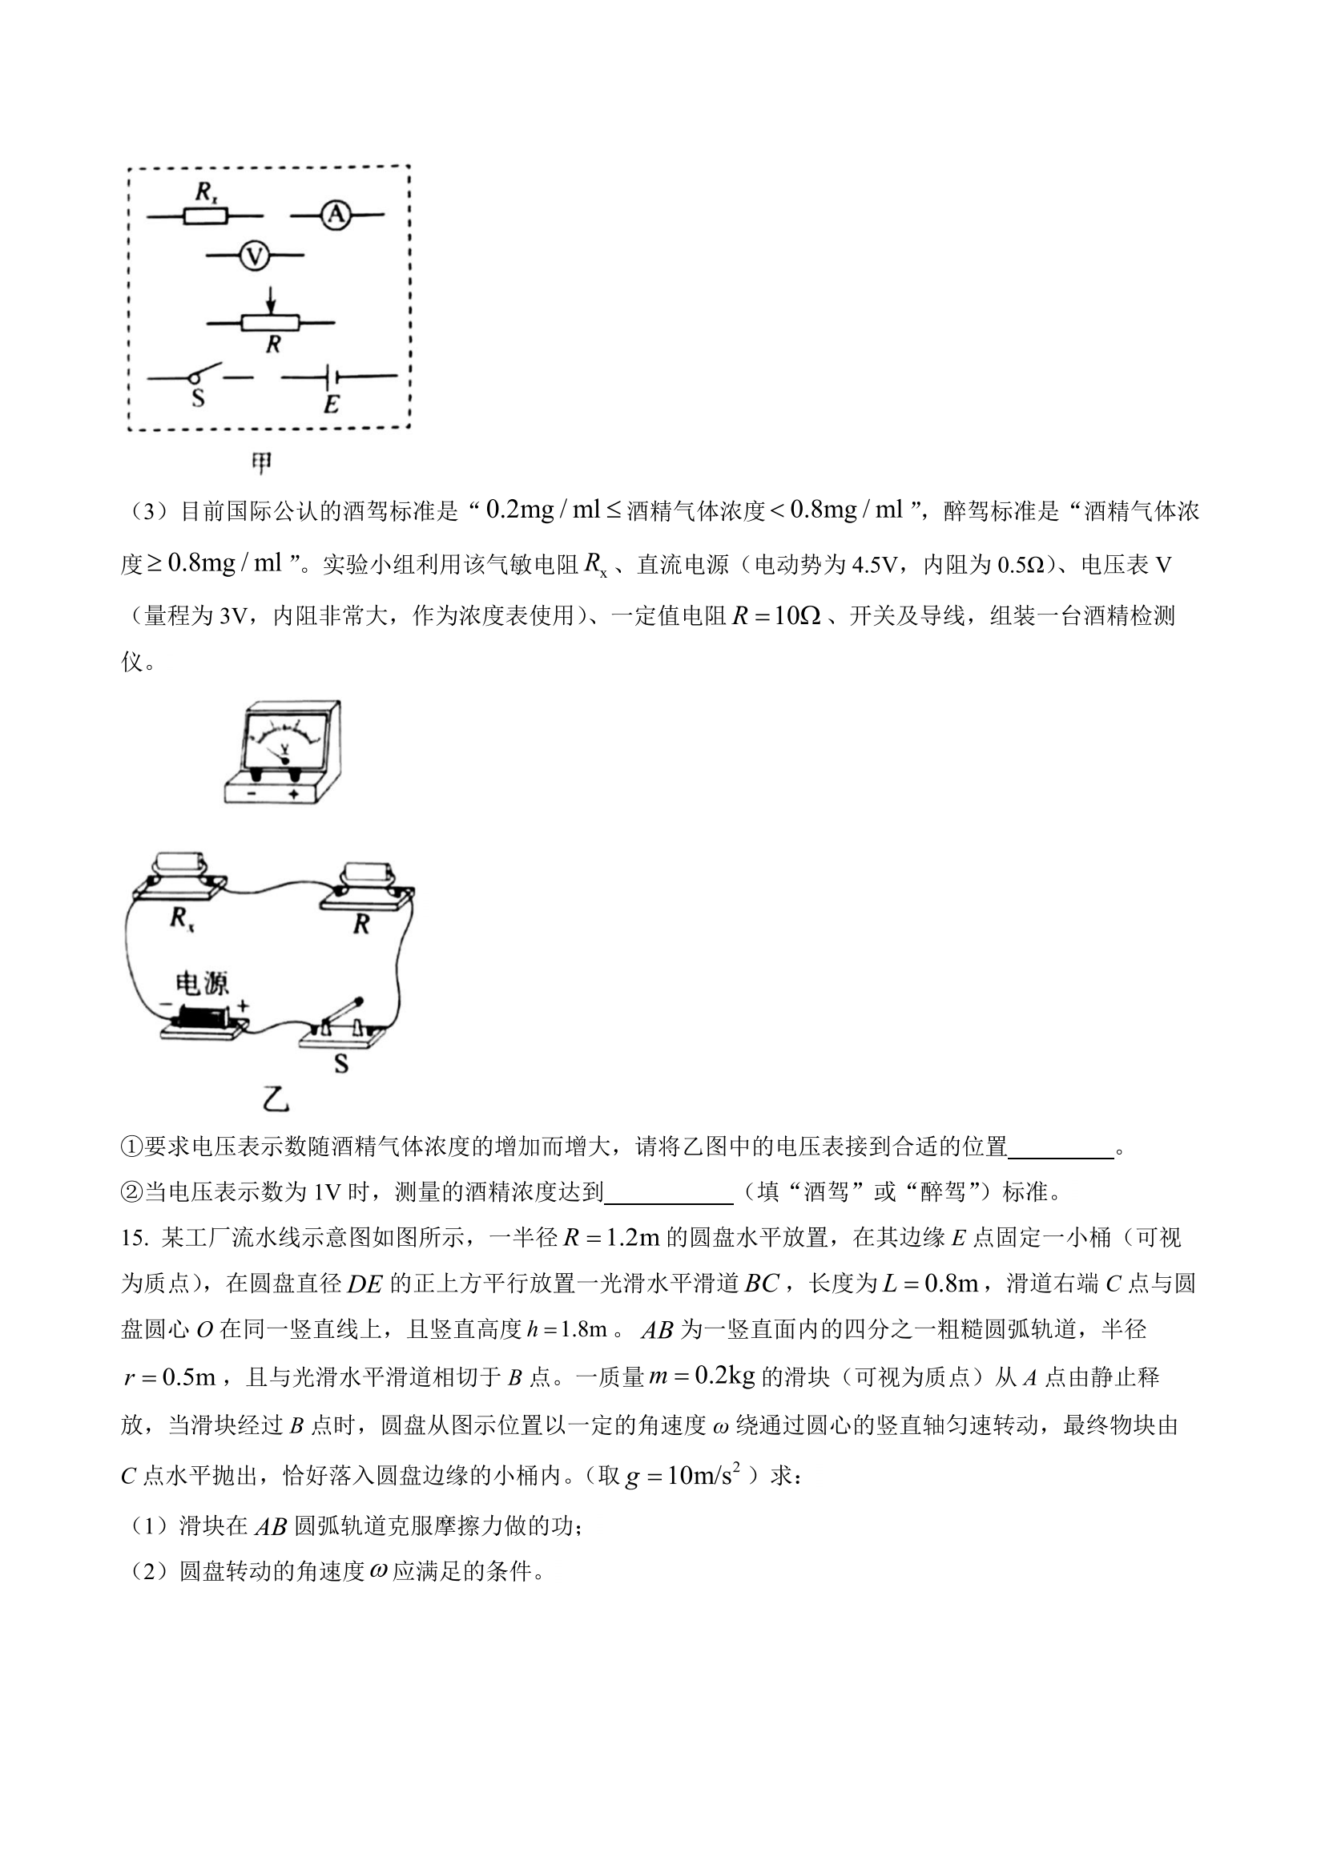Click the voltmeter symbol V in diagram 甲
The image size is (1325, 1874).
point(255,257)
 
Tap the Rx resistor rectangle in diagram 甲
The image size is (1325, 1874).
point(204,216)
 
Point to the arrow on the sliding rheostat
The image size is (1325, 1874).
point(272,301)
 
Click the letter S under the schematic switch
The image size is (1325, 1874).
point(198,400)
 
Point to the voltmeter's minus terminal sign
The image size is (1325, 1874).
point(252,793)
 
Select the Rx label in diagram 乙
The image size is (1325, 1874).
point(182,918)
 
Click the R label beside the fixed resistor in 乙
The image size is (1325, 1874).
point(360,924)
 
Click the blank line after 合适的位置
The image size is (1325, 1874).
point(1061,1147)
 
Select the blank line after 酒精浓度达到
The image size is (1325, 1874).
point(668,1193)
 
